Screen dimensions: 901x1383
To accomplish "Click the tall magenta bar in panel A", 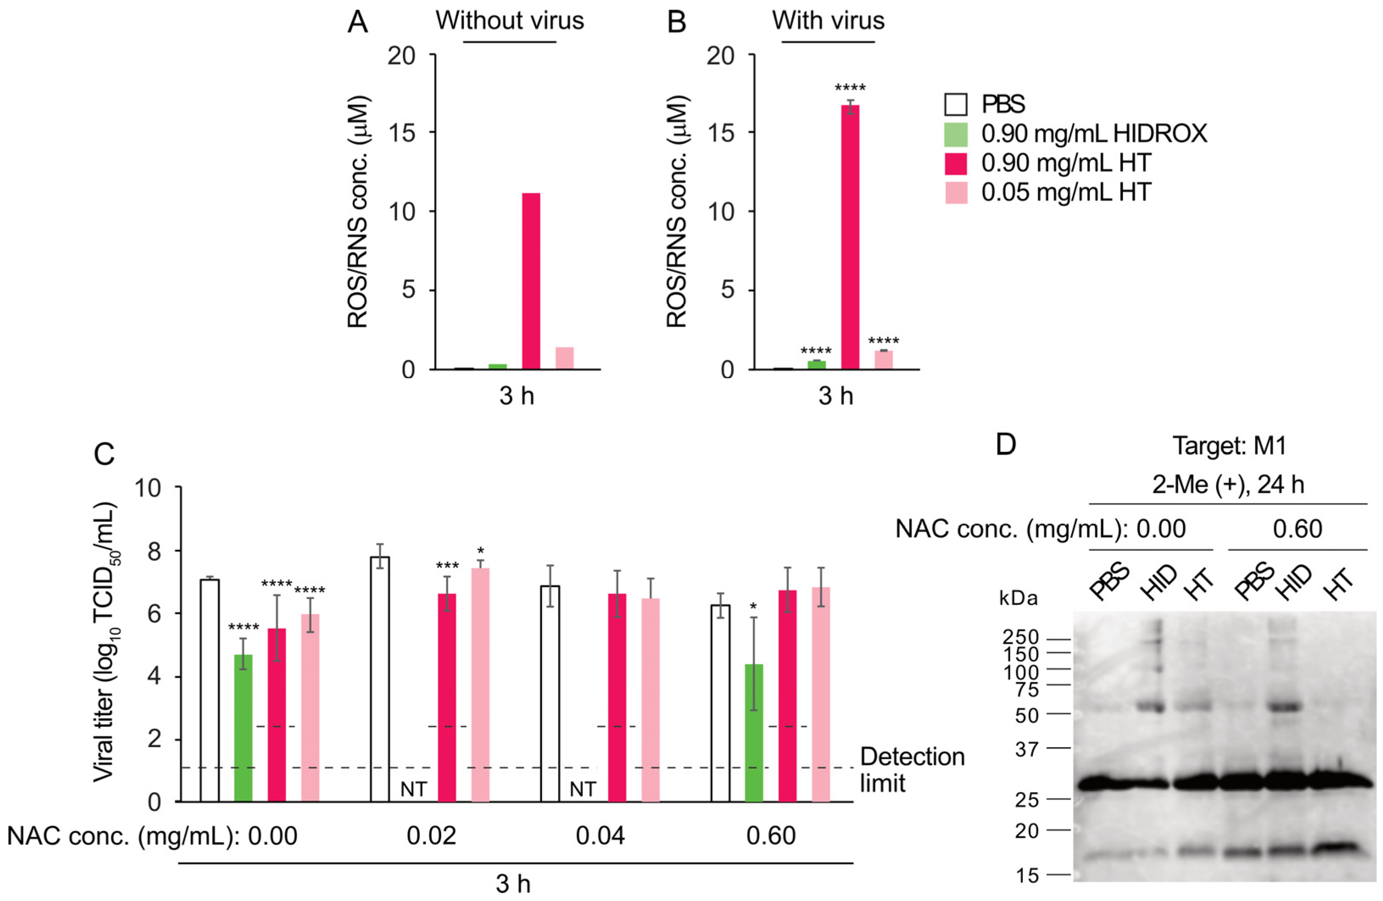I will click(530, 281).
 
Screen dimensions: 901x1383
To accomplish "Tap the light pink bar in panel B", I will click(883, 360).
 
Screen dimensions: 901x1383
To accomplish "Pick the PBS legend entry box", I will click(956, 105).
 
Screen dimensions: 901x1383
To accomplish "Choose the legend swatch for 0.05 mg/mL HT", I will click(956, 192).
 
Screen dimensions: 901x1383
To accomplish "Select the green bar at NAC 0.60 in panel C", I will click(754, 733).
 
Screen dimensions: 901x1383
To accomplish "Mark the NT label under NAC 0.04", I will click(582, 789).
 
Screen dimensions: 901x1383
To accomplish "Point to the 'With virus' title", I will click(828, 21).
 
